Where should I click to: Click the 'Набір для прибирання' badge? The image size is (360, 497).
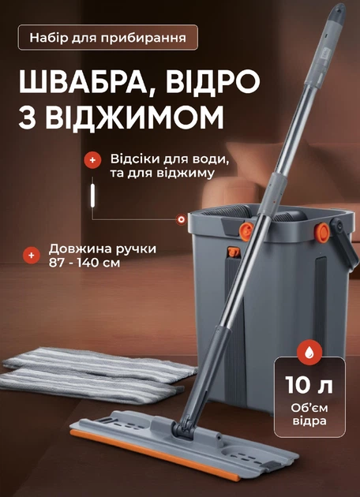point(108,37)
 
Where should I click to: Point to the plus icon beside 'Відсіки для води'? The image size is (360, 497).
point(92,160)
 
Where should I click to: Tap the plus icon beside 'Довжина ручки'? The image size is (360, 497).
point(32,255)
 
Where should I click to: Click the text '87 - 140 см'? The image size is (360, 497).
point(84,263)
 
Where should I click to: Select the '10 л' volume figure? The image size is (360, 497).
point(309,385)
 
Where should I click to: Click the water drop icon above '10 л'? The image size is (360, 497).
point(309,352)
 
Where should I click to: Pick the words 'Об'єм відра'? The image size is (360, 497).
point(309,414)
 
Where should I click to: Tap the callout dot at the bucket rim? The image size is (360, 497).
point(182,219)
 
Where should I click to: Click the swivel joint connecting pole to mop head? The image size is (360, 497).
point(183,428)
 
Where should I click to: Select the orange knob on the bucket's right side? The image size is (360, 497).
point(322,233)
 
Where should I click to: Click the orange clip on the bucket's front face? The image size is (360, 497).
point(234,252)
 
